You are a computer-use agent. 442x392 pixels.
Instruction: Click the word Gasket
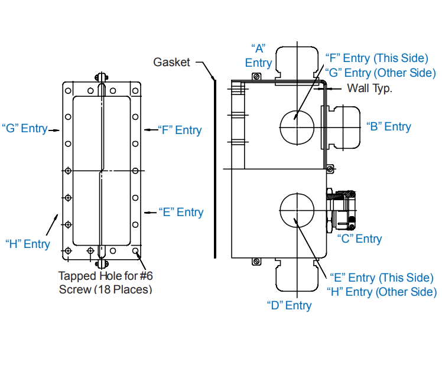(171, 62)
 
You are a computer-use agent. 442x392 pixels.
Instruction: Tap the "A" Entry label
(258, 56)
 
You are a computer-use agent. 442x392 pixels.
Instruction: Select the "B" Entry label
(388, 126)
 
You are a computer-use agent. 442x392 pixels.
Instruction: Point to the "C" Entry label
(359, 239)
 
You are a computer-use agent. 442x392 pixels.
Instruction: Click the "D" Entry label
(289, 305)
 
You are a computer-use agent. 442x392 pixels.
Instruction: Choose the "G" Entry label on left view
(25, 128)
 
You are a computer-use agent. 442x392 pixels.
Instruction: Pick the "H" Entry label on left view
(28, 244)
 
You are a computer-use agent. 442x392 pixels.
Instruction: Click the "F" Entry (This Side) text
(376, 58)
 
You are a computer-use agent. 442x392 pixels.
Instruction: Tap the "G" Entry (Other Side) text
(381, 73)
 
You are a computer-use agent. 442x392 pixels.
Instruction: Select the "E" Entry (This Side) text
(382, 277)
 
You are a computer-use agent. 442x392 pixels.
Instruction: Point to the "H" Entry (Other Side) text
(382, 292)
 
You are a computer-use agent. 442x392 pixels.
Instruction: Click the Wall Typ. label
(369, 88)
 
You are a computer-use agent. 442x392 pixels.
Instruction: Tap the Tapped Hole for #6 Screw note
(105, 282)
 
